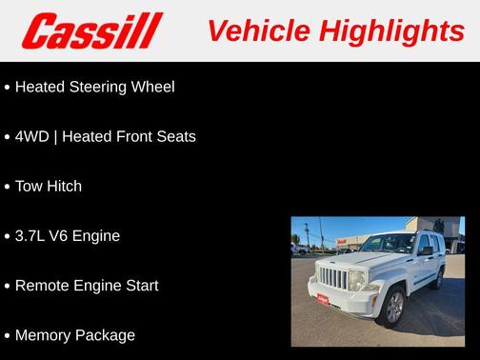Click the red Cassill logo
point(92,31)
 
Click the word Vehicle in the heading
point(249,31)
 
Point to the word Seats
point(174,136)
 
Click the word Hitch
point(63,186)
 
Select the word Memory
point(44,335)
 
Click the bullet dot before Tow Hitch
point(7,187)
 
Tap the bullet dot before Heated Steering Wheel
point(7,88)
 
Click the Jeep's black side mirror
point(426,251)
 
